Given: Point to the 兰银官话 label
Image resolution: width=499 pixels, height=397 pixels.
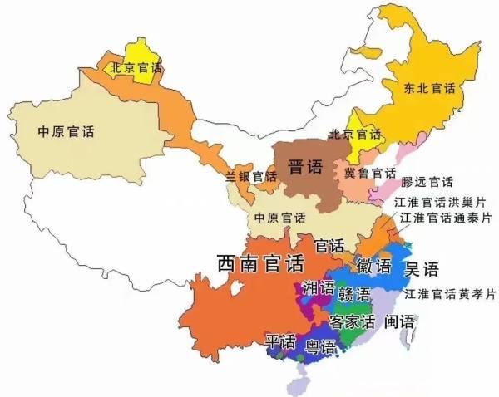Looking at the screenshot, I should pyautogui.click(x=250, y=176).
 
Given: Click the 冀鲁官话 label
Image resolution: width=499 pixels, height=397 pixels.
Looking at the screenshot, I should pyautogui.click(x=370, y=173).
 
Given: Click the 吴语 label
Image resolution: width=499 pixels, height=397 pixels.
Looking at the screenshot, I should pyautogui.click(x=421, y=268).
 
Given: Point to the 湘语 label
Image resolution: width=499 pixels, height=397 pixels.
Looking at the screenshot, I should pyautogui.click(x=319, y=288).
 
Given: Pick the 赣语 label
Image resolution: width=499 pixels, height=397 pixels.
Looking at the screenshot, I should pyautogui.click(x=354, y=296).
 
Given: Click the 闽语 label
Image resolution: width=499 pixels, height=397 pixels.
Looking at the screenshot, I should pyautogui.click(x=399, y=321).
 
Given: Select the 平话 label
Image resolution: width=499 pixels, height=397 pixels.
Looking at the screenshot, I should pyautogui.click(x=280, y=341).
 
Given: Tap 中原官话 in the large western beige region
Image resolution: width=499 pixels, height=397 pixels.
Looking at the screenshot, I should pyautogui.click(x=67, y=131).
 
